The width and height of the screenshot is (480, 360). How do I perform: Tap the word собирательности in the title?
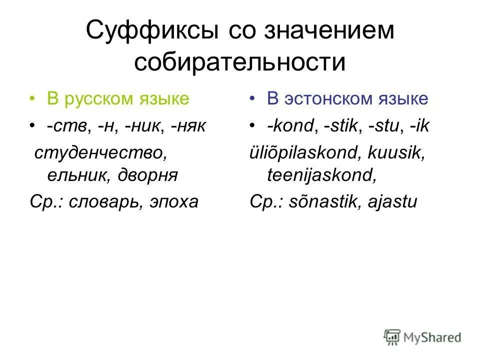[x=240, y=63]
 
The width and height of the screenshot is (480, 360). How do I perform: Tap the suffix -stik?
[x=343, y=125]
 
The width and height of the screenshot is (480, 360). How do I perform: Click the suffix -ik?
[x=419, y=125]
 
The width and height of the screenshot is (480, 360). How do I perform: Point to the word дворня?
[x=148, y=175]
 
